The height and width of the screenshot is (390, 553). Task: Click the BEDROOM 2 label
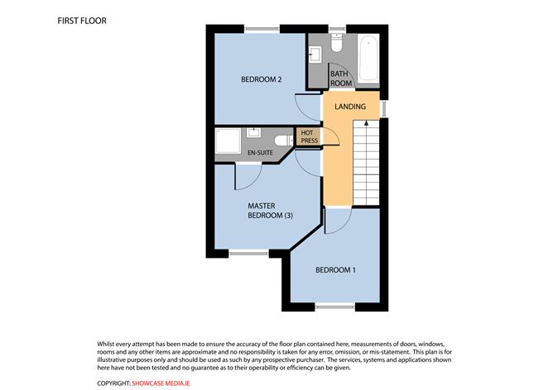coord(262,79)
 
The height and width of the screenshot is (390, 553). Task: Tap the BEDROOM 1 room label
coord(335,270)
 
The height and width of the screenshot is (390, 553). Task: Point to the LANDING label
coord(350,107)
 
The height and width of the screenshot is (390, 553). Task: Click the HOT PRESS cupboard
coord(309,136)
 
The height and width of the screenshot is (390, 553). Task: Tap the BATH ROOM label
coord(341,78)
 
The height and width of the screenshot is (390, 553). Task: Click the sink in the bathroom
coord(315,55)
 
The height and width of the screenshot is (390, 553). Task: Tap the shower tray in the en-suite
coord(226,140)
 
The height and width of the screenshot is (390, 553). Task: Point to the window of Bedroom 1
coord(334,307)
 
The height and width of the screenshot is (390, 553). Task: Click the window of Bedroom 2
coord(261,31)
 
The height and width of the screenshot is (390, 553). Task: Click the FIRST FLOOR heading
coord(82,19)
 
